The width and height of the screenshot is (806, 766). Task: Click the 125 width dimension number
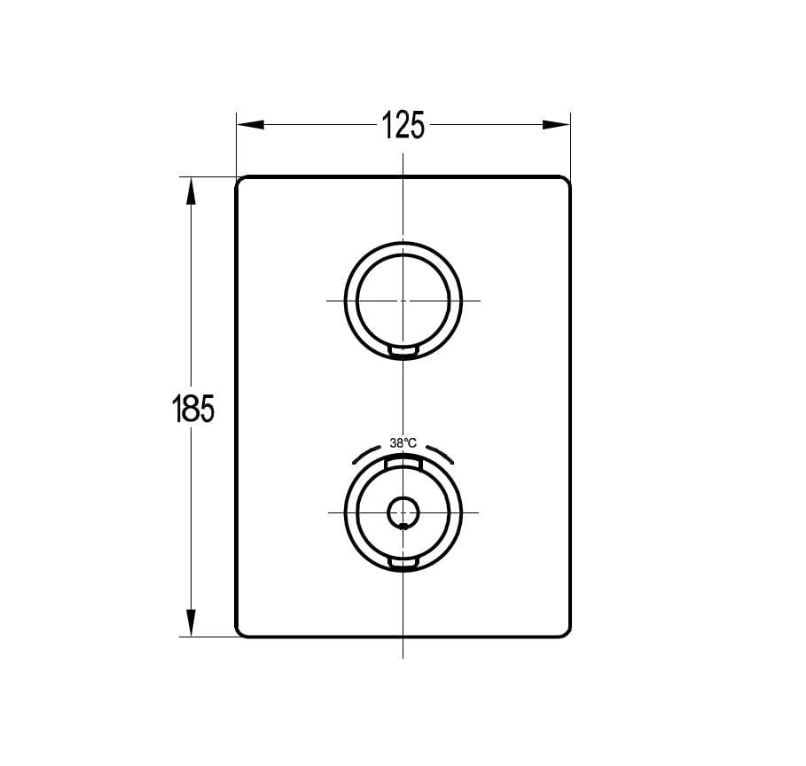(x=403, y=125)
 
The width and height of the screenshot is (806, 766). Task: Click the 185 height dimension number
(x=192, y=409)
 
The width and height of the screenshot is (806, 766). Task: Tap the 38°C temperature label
(x=403, y=442)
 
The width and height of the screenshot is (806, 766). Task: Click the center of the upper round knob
(x=403, y=301)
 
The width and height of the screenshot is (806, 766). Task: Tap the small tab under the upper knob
(x=403, y=353)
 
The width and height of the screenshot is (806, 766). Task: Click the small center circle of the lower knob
(x=403, y=512)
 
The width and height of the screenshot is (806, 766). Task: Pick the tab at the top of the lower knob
(x=403, y=462)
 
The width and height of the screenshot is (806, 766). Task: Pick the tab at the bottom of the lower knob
(x=403, y=565)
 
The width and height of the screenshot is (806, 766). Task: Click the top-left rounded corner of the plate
(x=240, y=181)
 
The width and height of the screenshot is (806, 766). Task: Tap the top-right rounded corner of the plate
(x=566, y=181)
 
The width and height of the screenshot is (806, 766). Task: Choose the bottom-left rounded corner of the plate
(x=240, y=632)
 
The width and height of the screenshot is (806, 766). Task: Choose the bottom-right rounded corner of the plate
(x=566, y=632)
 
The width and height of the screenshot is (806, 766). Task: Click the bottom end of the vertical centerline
(x=403, y=656)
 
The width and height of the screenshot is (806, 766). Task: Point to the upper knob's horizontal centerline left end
(x=328, y=301)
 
